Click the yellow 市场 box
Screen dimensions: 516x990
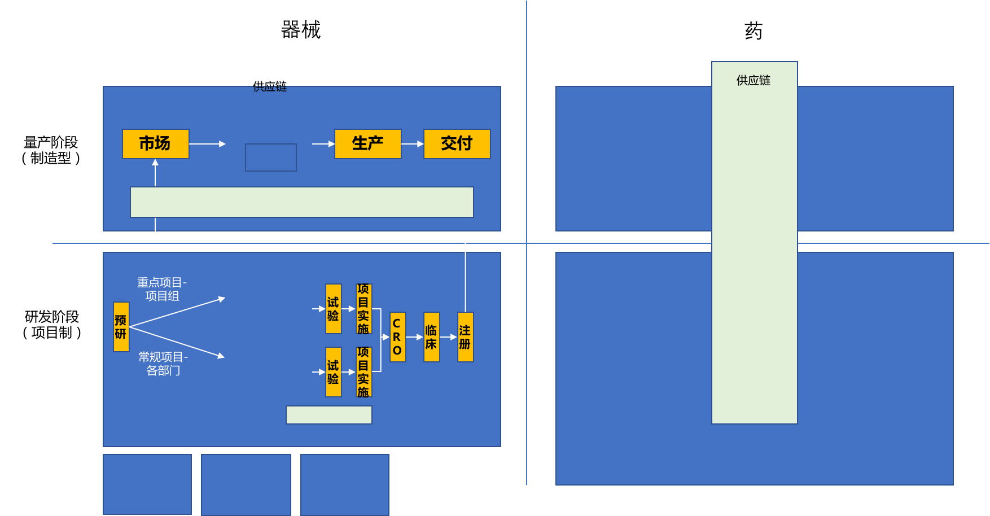(x=155, y=144)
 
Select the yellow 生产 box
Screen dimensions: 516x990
(x=367, y=144)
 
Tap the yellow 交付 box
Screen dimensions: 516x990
(x=457, y=144)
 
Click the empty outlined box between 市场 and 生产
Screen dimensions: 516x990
(x=271, y=158)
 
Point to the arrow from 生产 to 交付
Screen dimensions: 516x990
(x=413, y=144)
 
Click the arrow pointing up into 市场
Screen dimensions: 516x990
(x=155, y=172)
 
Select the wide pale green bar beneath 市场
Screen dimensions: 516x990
(x=301, y=202)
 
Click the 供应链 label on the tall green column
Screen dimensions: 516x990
(x=754, y=80)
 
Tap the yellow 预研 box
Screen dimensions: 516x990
(x=121, y=327)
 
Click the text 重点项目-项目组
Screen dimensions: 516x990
(x=162, y=289)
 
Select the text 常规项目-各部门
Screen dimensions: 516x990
(x=163, y=364)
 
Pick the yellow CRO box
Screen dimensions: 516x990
(x=397, y=337)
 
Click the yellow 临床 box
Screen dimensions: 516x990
(x=431, y=337)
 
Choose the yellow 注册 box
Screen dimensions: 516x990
(x=465, y=337)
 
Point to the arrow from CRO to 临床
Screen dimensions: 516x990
(x=414, y=337)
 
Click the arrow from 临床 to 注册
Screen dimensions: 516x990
(x=448, y=337)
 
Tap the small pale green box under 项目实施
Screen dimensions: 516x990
(x=328, y=415)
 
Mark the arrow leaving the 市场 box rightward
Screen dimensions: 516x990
(x=207, y=144)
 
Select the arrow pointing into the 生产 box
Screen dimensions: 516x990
(x=323, y=144)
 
